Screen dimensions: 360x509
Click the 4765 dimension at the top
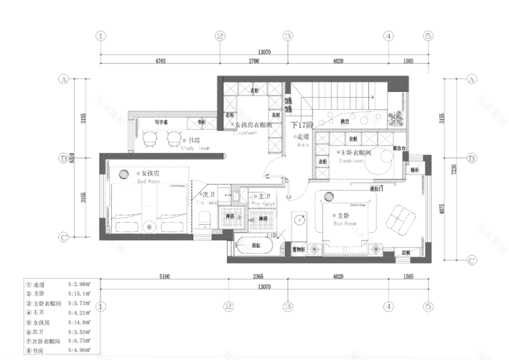tap(160, 60)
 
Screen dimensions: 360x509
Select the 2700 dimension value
tap(253, 60)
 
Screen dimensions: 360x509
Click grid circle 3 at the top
tap(287, 36)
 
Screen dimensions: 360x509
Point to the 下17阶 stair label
tap(301, 125)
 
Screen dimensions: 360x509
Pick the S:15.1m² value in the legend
tap(80, 293)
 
